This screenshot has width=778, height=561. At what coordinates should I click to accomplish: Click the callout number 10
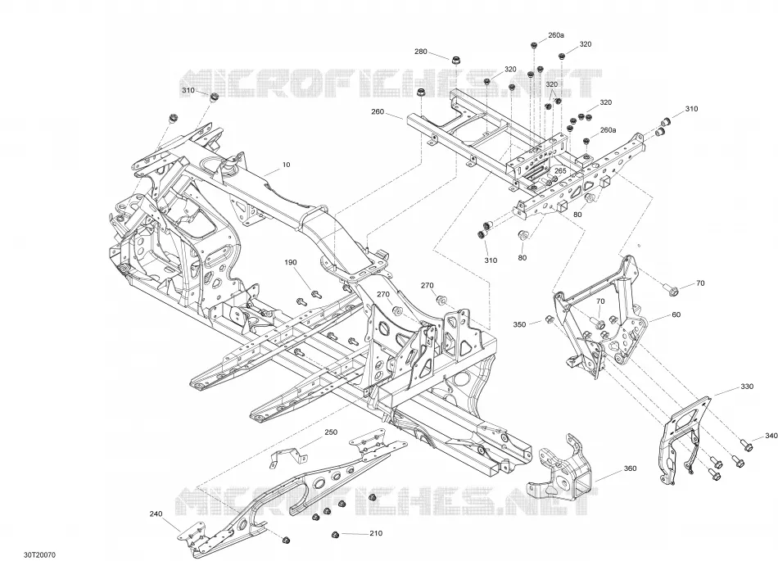286,165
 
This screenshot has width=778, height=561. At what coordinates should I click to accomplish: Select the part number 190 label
290,262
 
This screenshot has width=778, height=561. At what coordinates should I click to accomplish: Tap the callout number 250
331,432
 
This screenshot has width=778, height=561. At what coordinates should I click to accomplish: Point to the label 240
156,513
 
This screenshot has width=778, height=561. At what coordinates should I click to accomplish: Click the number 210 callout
376,533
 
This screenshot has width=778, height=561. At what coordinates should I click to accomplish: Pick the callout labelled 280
421,52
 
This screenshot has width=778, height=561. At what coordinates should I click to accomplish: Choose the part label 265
560,170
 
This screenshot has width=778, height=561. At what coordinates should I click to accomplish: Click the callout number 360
630,468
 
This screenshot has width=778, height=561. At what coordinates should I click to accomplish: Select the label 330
747,387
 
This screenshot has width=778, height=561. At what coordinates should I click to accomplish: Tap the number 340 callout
771,436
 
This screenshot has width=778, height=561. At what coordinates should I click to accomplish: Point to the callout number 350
519,325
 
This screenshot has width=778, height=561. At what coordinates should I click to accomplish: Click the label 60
676,314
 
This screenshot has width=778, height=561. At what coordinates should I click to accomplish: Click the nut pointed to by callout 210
335,534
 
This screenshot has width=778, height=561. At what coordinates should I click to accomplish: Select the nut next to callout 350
550,319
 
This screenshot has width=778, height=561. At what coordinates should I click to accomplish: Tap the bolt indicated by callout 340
746,445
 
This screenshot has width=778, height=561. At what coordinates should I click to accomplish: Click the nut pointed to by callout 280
455,61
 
